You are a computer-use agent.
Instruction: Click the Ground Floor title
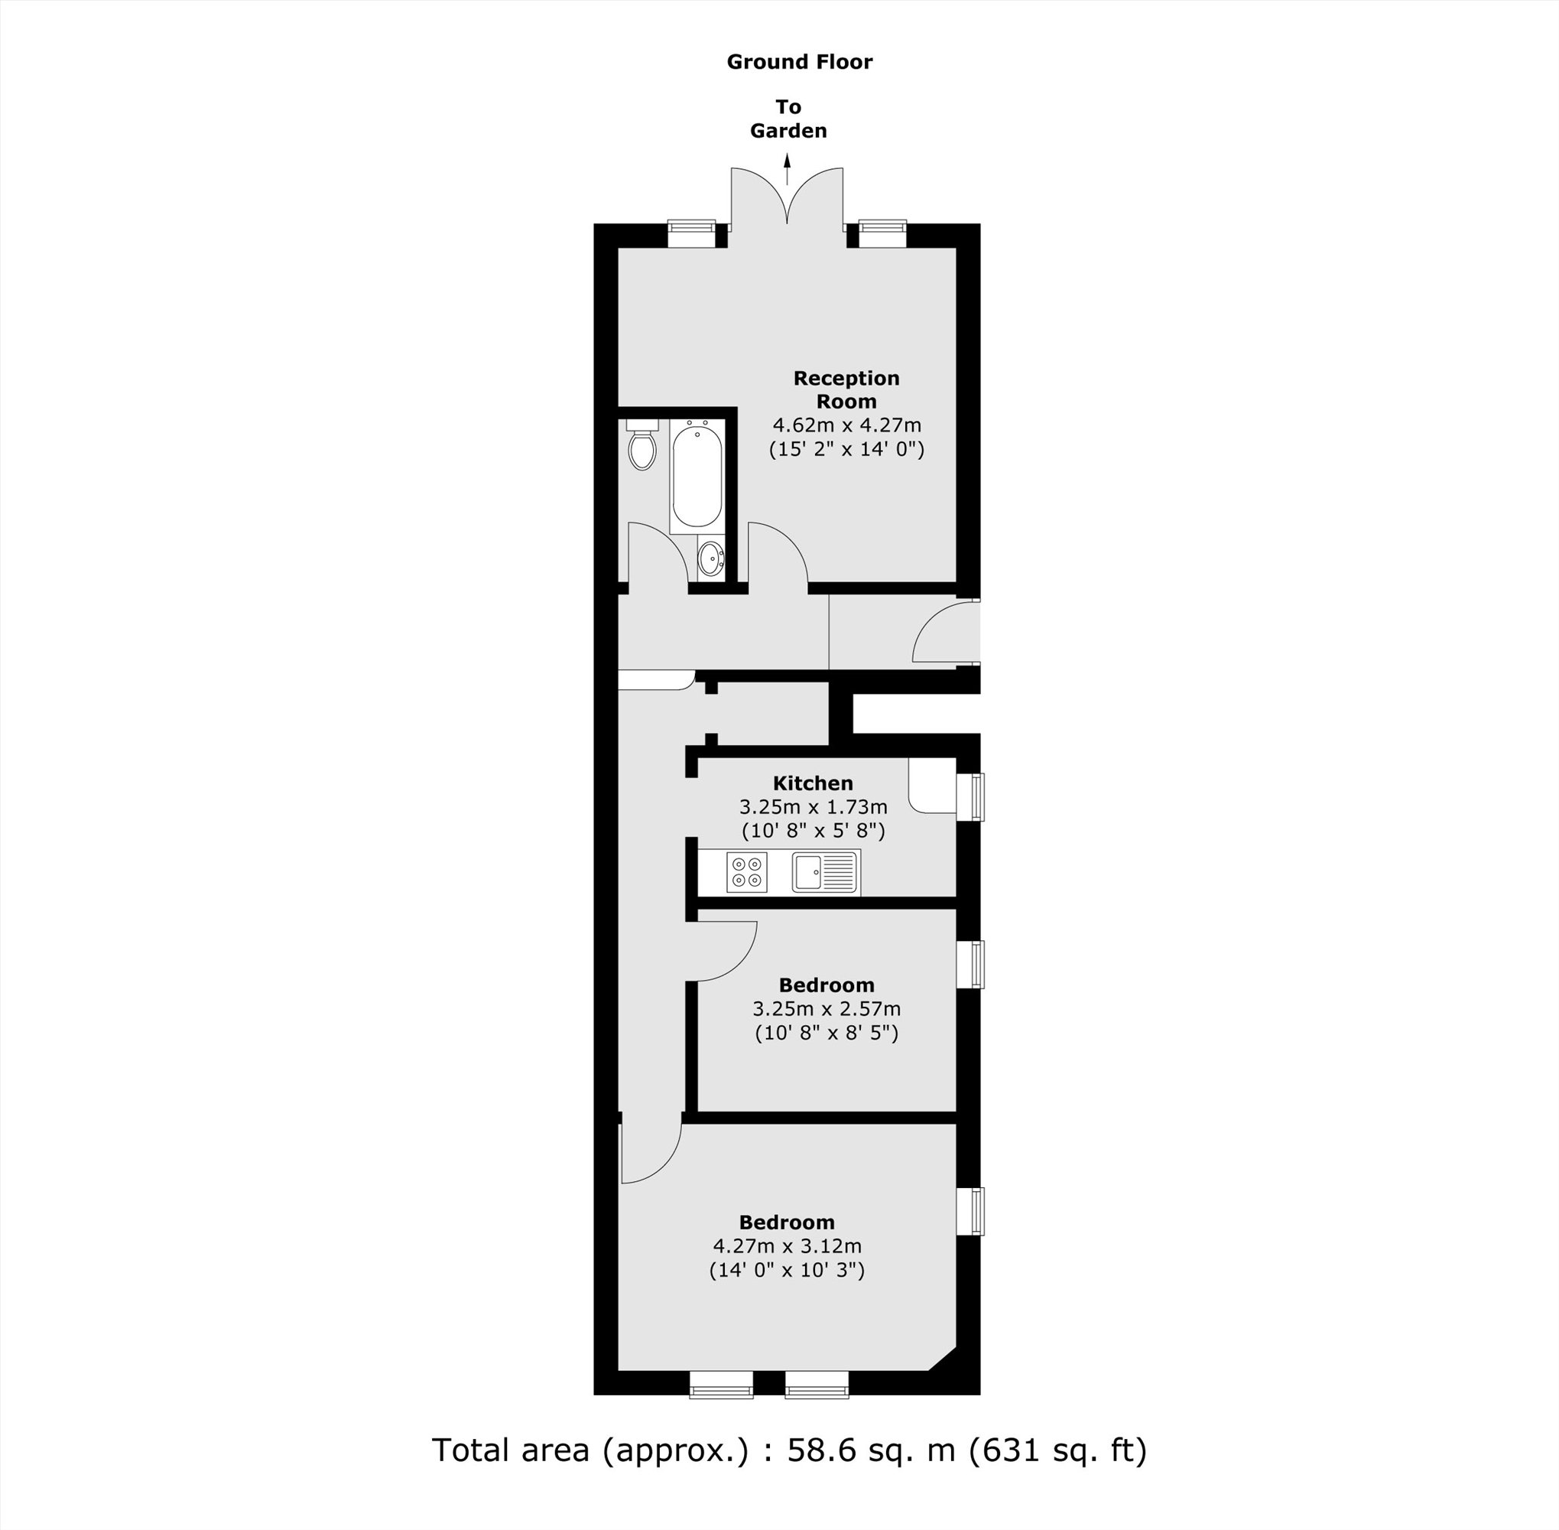[x=799, y=62]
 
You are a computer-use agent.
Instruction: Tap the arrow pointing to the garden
[x=787, y=170]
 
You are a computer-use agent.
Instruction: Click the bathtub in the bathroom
[x=697, y=478]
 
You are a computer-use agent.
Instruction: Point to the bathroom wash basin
[x=710, y=558]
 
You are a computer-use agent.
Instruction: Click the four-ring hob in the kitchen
[x=746, y=872]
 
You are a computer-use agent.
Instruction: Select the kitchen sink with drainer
[x=825, y=872]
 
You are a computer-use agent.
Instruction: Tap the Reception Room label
[x=846, y=389]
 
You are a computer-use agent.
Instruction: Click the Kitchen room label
[x=813, y=783]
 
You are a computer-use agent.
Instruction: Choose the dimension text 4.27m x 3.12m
[x=787, y=1246]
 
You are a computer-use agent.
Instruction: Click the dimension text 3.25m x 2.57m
[x=827, y=1008]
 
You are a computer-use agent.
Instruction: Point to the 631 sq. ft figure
[x=1057, y=1450]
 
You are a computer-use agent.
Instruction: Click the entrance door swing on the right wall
[x=944, y=635]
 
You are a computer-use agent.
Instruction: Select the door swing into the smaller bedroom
[x=723, y=952]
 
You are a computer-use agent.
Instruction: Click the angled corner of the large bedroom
[x=943, y=1359]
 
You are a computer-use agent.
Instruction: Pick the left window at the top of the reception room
[x=690, y=235]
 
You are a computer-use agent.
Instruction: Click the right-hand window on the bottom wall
[x=816, y=1385]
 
